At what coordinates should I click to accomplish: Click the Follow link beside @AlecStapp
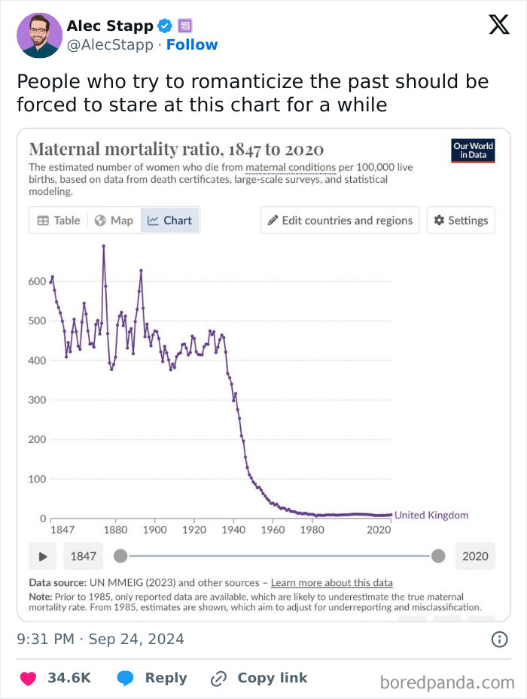[192, 44]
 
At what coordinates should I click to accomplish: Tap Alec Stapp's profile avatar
[39, 35]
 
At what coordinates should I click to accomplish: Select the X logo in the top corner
[498, 25]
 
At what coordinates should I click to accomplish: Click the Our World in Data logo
[473, 150]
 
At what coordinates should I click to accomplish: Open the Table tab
[59, 220]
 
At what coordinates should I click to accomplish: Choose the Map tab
[114, 220]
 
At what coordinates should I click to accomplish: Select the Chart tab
[170, 220]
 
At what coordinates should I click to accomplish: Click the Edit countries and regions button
[340, 220]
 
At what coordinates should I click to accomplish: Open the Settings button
[461, 220]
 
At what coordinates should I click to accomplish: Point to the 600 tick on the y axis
[38, 281]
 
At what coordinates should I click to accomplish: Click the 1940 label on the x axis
[233, 530]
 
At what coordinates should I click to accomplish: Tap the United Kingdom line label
[431, 515]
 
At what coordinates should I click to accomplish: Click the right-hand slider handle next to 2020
[439, 556]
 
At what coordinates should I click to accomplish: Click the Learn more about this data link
[331, 583]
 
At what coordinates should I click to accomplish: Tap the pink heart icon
[28, 678]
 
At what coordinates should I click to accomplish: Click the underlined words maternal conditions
[291, 166]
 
